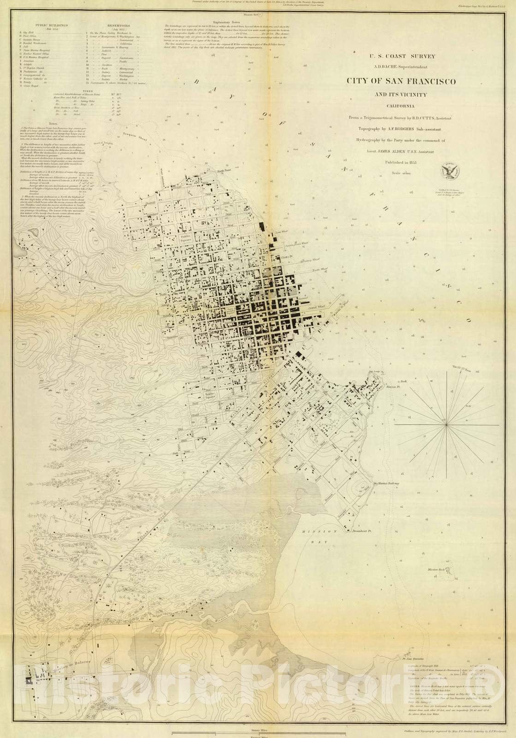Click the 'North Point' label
pos(224,170)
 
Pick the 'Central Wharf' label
pos(318,306)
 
